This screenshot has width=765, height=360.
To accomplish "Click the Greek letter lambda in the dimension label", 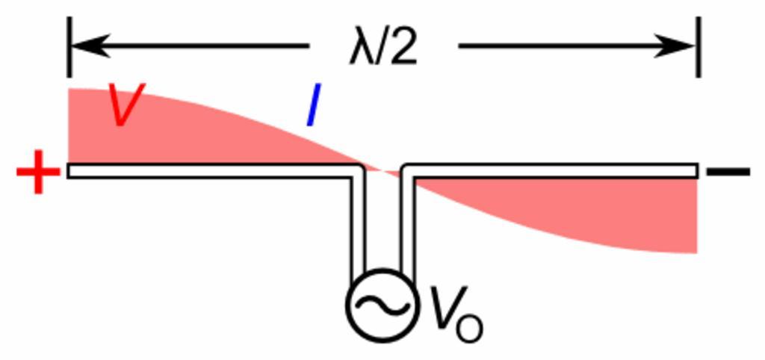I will click(x=362, y=49).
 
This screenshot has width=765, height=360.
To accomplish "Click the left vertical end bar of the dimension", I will click(x=69, y=46).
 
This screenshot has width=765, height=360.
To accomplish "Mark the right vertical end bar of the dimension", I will click(x=698, y=46).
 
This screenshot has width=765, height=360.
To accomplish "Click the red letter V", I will click(x=127, y=105).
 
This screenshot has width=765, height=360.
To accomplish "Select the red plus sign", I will click(x=37, y=172).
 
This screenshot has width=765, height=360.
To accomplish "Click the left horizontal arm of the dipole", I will click(x=209, y=171).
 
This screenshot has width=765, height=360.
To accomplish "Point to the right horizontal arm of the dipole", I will click(x=553, y=171).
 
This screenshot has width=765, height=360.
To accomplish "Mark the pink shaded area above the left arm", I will click(x=149, y=131).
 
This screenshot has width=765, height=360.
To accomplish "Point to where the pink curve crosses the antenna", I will click(x=382, y=171).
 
